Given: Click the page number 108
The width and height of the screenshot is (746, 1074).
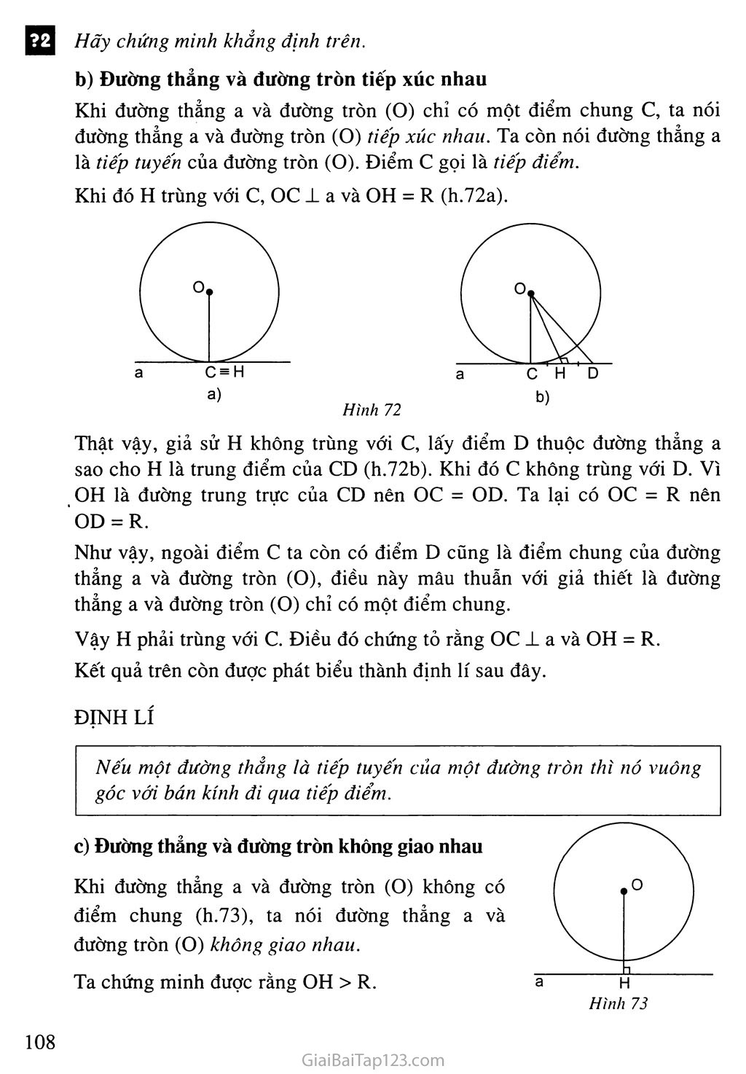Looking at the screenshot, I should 40,1041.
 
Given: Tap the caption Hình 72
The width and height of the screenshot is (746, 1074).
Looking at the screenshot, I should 372,410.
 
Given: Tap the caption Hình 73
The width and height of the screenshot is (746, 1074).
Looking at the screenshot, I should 618,1004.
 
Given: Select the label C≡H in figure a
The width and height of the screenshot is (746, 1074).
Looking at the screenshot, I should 224,372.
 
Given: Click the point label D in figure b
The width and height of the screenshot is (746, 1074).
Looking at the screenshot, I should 592,374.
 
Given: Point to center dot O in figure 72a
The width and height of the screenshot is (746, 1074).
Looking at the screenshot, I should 209,292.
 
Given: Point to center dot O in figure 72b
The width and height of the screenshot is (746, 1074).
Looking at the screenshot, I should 530,294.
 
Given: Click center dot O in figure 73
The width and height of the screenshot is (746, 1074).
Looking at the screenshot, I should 624,891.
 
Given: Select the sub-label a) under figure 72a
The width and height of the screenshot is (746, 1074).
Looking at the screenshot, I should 214,395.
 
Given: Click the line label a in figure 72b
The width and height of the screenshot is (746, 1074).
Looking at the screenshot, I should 460,375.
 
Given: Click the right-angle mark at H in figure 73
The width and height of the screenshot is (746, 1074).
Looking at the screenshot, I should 627,970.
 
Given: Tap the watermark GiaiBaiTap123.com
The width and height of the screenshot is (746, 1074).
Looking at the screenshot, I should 372,1059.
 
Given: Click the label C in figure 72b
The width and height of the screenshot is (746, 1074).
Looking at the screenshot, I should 532,374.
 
